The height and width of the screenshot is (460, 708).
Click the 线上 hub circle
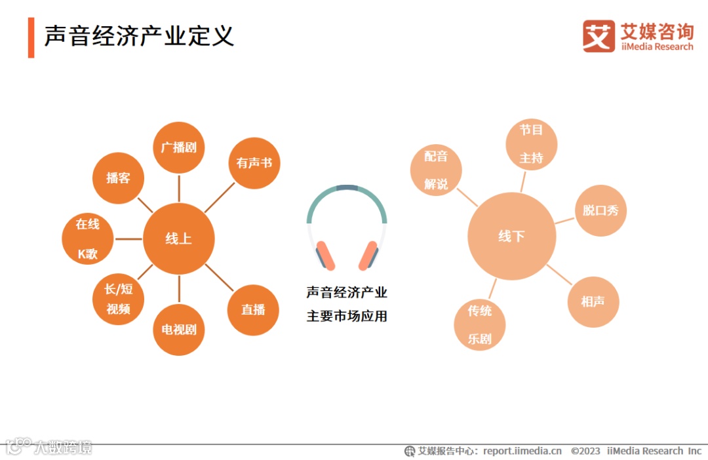pyautogui.click(x=178, y=239)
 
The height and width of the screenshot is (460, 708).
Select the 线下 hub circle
pyautogui.click(x=511, y=237)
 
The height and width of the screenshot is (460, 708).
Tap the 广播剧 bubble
pyautogui.click(x=179, y=147)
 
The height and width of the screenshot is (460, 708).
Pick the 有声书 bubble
pyautogui.click(x=254, y=163)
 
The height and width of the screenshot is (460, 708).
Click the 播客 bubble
pyautogui.click(x=118, y=178)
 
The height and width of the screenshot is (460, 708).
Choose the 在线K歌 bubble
pyautogui.click(x=88, y=239)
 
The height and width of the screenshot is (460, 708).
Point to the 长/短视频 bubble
pyautogui.click(x=118, y=299)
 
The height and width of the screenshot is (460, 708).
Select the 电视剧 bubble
pyautogui.click(x=179, y=329)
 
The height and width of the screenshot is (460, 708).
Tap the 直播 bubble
pyautogui.click(x=253, y=310)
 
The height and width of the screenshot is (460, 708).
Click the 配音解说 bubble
pyautogui.click(x=436, y=170)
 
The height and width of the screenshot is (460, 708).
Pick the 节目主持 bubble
pyautogui.click(x=532, y=144)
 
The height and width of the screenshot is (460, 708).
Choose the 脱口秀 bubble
pyautogui.click(x=600, y=211)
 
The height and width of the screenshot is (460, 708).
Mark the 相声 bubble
pyautogui.click(x=593, y=301)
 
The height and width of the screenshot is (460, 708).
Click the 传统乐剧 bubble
pyautogui.click(x=480, y=324)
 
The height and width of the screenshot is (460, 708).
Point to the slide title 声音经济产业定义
pyautogui.click(x=139, y=36)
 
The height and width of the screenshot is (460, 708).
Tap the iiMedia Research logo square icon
pyautogui.click(x=599, y=36)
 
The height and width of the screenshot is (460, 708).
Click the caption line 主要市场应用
pyautogui.click(x=347, y=316)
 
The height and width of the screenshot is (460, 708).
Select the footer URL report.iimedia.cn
pyautogui.click(x=522, y=451)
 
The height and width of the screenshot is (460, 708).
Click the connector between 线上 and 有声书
pyautogui.click(x=220, y=197)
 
